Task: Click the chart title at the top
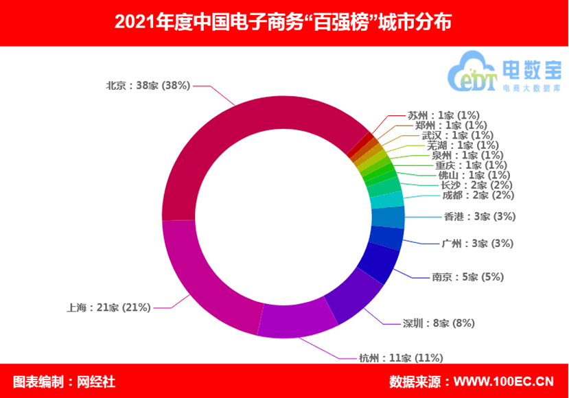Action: (x=283, y=22)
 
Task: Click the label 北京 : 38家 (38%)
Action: (x=148, y=86)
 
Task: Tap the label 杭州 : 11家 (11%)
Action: (x=401, y=358)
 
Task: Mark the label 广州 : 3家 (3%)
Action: (x=477, y=243)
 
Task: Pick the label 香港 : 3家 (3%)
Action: (x=478, y=217)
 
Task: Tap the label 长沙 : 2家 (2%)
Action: (x=475, y=185)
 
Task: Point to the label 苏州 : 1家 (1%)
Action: (x=443, y=115)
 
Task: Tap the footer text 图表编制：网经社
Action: (x=65, y=382)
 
